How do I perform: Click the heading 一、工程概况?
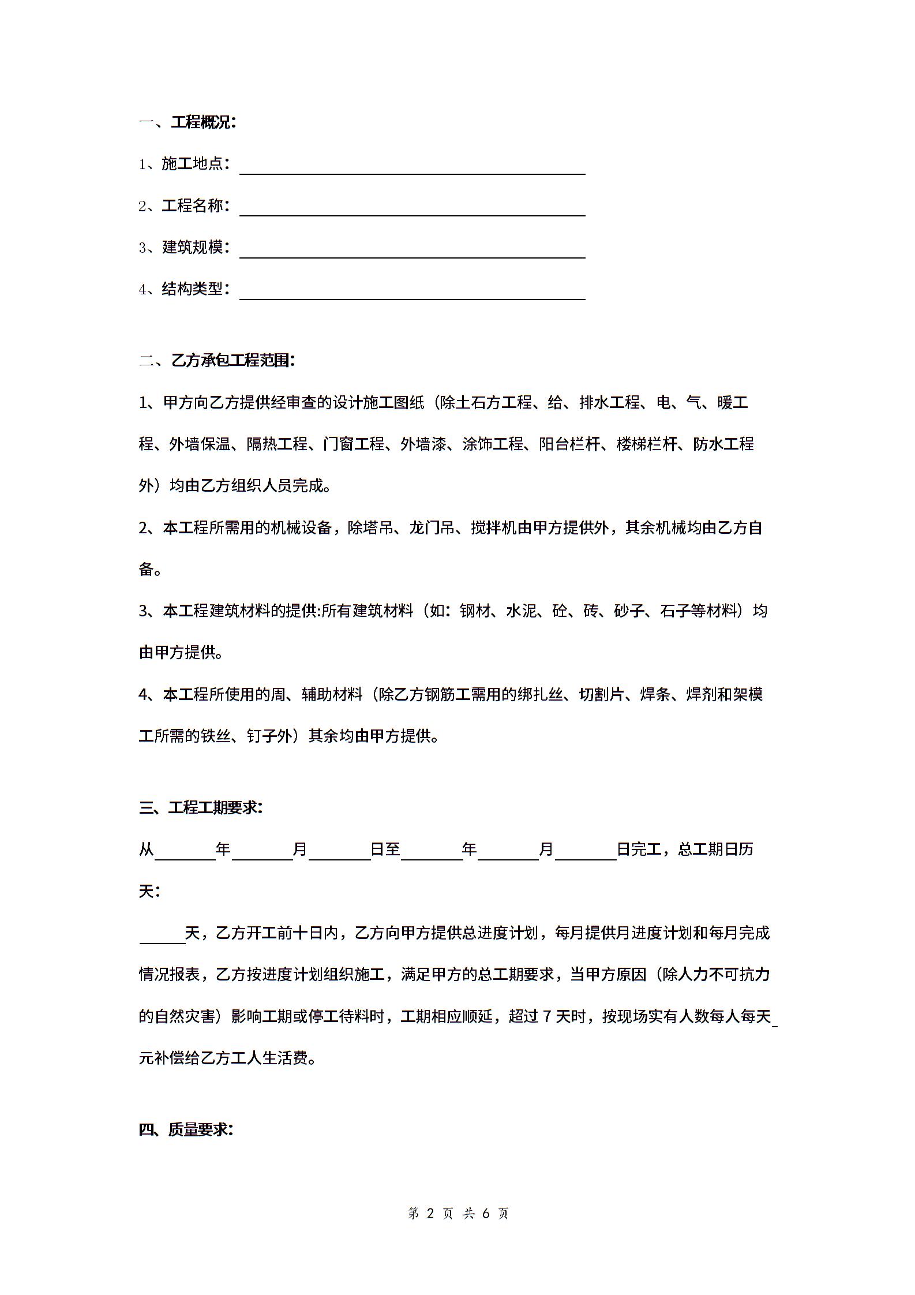(187, 122)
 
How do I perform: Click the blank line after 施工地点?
(412, 166)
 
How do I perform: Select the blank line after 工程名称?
(412, 208)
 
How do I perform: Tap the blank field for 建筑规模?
(412, 249)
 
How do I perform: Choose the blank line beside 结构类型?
(412, 291)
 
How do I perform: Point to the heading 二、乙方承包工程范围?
(217, 361)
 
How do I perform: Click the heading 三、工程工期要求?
(201, 807)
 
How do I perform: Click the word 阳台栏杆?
(569, 444)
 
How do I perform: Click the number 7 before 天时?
(548, 1016)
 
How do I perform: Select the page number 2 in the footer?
(429, 1213)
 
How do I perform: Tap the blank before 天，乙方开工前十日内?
(162, 935)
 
